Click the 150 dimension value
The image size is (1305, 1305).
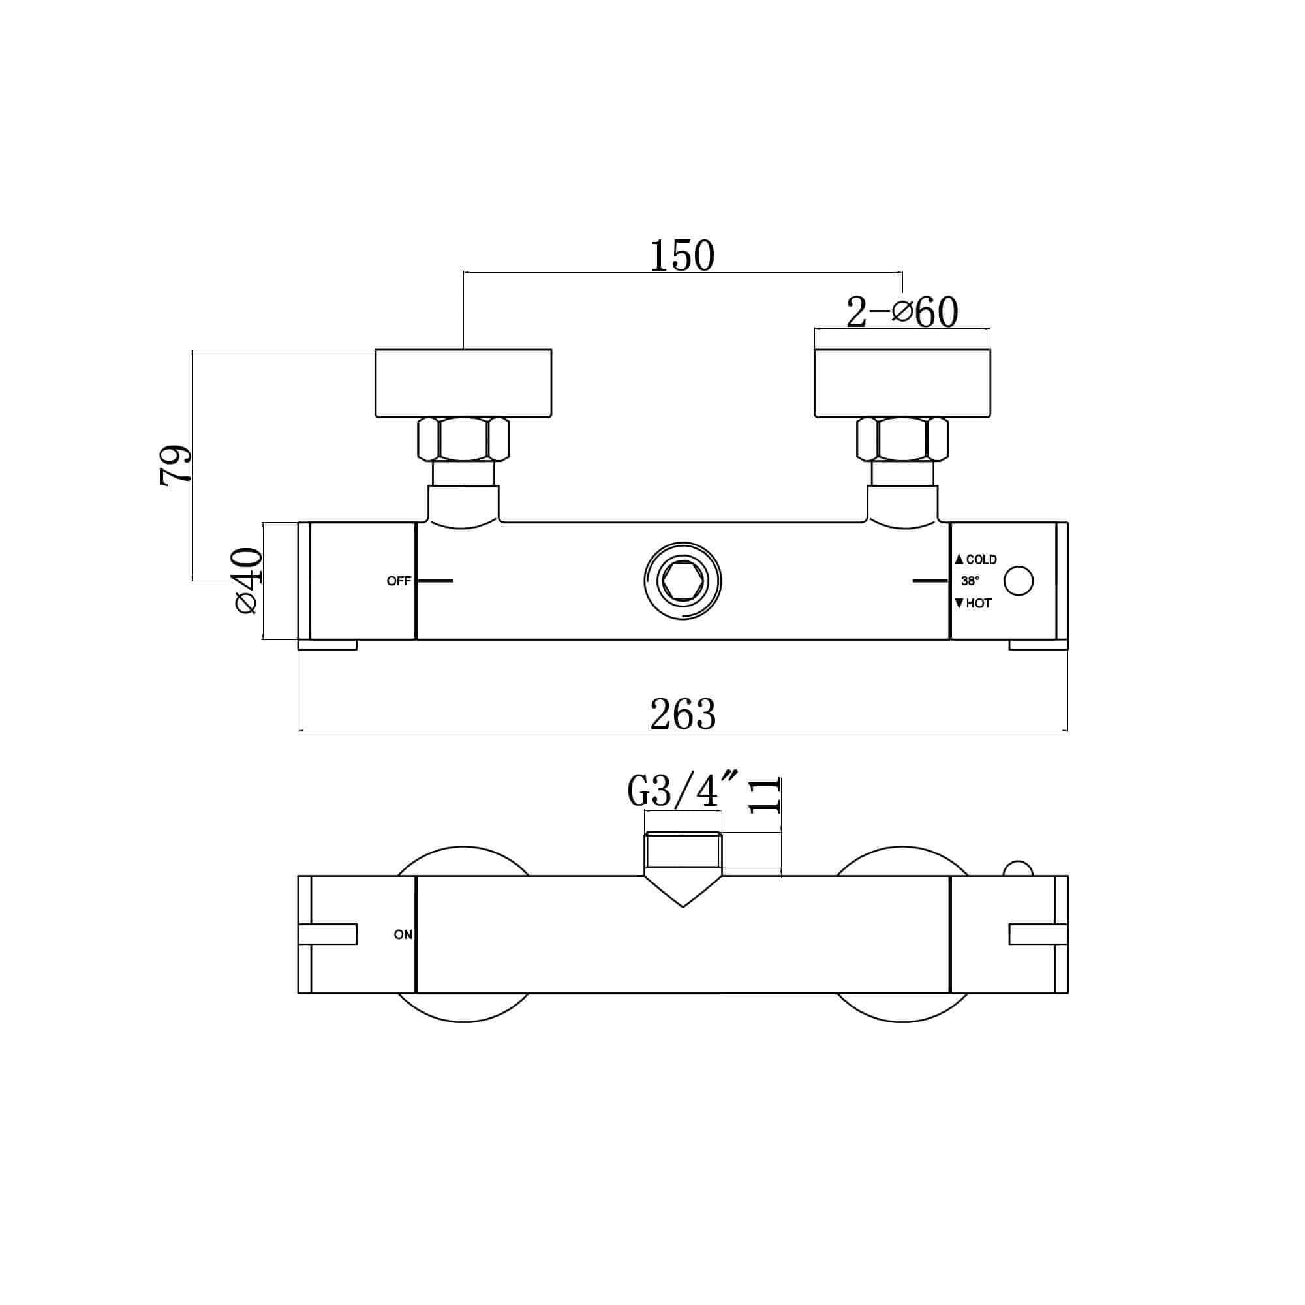click(683, 256)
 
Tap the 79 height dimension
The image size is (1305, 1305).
click(176, 465)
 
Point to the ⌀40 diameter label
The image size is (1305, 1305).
click(247, 580)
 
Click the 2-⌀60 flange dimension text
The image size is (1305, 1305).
click(902, 312)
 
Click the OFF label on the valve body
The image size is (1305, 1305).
click(399, 581)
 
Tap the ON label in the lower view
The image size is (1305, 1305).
click(403, 935)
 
